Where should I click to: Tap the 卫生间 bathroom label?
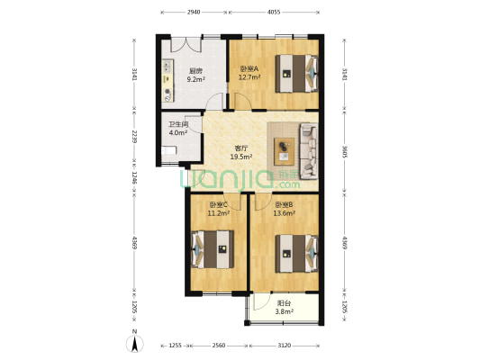(177, 125)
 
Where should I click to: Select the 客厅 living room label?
(241, 148)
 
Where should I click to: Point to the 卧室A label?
(249, 69)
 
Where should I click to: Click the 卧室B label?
(285, 205)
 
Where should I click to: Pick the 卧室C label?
(217, 205)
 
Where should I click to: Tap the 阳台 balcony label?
(283, 304)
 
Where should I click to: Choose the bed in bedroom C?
(213, 249)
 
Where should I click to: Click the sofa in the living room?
(306, 148)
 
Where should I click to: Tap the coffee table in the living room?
(285, 148)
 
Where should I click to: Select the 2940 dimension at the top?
(194, 12)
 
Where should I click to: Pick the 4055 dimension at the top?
(274, 12)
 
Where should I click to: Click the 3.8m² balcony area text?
(283, 312)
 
